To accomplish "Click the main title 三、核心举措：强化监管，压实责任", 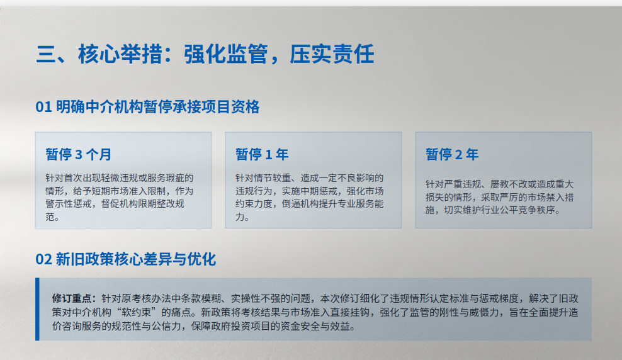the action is click(205, 54).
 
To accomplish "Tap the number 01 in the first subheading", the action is click(43, 107).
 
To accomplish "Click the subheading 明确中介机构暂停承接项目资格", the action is click(158, 107).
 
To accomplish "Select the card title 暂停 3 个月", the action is click(79, 154).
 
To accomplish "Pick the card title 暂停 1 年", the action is click(262, 154).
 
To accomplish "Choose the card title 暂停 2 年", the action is click(452, 154).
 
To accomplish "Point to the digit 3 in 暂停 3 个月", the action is click(79, 155).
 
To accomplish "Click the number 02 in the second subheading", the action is click(43, 259).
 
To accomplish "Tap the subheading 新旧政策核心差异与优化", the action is click(136, 259).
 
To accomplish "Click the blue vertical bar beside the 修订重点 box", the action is click(37, 309).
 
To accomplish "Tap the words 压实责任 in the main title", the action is click(332, 54).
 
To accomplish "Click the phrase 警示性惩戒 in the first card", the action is click(69, 204).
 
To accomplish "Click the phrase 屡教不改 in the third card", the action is click(509, 184).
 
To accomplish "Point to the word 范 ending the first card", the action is click(50, 217).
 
